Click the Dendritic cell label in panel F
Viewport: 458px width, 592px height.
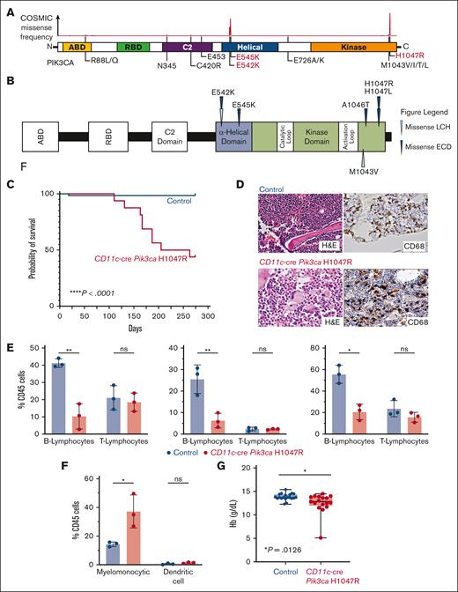coord(200,576)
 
